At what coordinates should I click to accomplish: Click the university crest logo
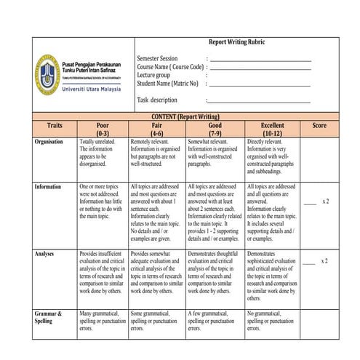47,73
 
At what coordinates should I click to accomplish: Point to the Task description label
156,100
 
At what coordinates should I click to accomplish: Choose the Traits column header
54,125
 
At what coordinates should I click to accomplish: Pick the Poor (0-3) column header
103,129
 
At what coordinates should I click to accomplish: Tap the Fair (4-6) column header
156,129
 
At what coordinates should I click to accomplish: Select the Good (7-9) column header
215,129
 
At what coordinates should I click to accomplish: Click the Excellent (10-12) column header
273,129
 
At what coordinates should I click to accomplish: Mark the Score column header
319,125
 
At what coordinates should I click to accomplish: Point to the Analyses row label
49,254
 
